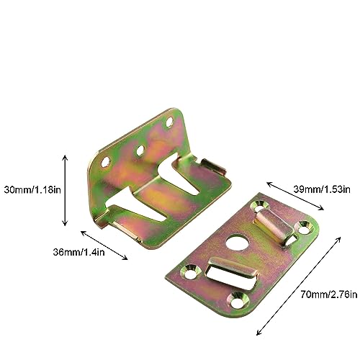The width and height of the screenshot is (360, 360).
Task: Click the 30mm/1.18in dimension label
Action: point(32,190)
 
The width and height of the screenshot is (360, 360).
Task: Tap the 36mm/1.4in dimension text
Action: point(78,253)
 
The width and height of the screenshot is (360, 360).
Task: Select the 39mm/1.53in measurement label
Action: point(322,189)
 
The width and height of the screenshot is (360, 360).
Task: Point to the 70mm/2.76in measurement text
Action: point(329,294)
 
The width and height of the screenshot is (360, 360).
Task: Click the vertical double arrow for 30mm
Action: point(65,191)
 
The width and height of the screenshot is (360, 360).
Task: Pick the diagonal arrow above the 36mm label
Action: point(104,245)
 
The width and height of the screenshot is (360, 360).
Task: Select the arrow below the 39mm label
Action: point(295,196)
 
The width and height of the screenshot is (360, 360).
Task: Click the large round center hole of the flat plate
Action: point(237,242)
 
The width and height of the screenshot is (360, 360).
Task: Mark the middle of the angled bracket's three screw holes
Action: point(140,150)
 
